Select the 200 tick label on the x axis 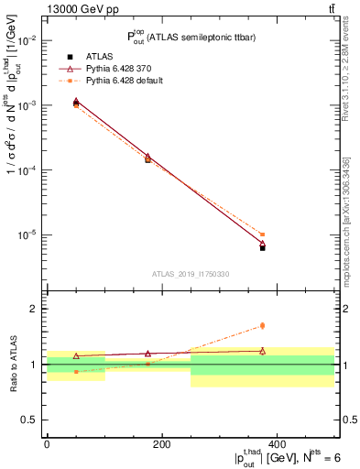pyautogui.click(x=161, y=444)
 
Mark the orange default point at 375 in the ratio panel pyautogui.click(x=262, y=325)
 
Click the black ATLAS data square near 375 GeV pyautogui.click(x=262, y=247)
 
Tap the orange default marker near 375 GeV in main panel pyautogui.click(x=262, y=234)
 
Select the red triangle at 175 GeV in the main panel pyautogui.click(x=147, y=157)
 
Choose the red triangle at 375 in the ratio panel pyautogui.click(x=262, y=350)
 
